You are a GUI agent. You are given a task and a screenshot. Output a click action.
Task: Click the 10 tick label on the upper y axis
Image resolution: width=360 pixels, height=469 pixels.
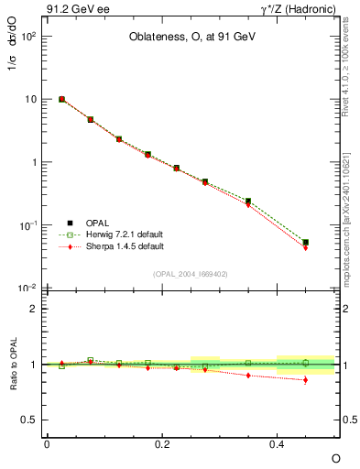30,99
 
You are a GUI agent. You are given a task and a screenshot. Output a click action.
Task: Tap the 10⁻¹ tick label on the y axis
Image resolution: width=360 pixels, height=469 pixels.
27,225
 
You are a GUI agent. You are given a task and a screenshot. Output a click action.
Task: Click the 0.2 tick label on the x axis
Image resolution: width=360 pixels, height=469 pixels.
162,443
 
